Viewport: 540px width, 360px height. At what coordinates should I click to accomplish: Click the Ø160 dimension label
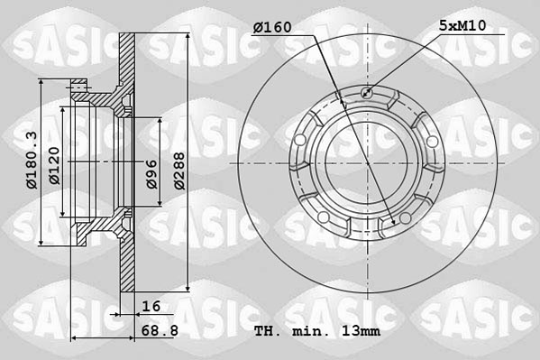(272, 26)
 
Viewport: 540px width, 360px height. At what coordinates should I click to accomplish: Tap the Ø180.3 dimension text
(32, 159)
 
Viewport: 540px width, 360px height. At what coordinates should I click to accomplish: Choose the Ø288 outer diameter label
(178, 167)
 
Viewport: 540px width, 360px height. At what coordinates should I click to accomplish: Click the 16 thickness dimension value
(149, 307)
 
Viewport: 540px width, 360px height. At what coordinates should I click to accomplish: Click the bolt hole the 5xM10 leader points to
(366, 92)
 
